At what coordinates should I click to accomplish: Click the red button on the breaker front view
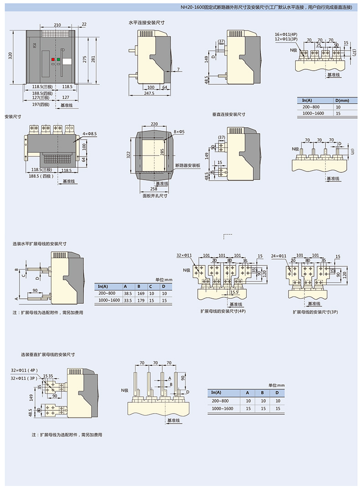pyautogui.click(x=53, y=59)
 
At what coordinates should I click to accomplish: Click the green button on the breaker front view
pyautogui.click(x=59, y=59)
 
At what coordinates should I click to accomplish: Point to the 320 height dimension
pyautogui.click(x=10, y=56)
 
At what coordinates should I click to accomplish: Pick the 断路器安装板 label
pyautogui.click(x=188, y=166)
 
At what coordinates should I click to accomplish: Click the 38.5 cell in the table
pyautogui.click(x=128, y=293)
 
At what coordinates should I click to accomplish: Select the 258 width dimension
pyautogui.click(x=154, y=189)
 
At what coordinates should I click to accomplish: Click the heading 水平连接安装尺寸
pyautogui.click(x=146, y=22)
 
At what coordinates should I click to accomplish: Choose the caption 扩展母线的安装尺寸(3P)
pyautogui.click(x=312, y=312)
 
